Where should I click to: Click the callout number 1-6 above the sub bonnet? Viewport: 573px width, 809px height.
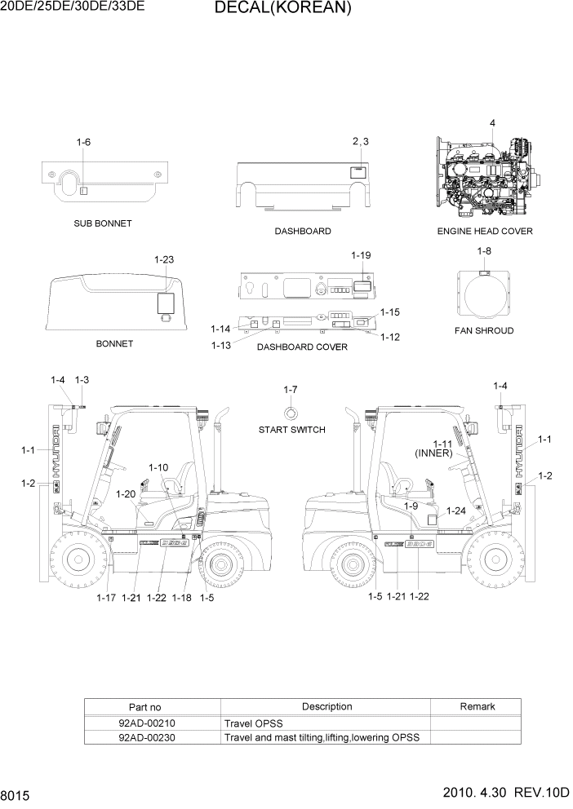[83, 143]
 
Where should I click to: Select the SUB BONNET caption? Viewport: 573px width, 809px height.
[102, 223]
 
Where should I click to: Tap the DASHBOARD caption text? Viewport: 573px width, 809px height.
[303, 232]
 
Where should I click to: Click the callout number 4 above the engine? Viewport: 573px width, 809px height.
[492, 123]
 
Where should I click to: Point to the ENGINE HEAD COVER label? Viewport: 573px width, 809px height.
[485, 232]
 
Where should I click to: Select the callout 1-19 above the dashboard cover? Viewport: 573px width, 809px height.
[361, 255]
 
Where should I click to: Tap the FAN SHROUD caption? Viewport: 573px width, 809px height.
[484, 331]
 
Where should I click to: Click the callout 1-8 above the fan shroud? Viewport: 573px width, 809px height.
[484, 251]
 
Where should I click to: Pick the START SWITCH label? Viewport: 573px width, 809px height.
[291, 430]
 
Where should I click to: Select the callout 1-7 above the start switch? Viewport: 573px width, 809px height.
[291, 390]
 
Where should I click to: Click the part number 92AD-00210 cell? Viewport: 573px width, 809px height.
[147, 723]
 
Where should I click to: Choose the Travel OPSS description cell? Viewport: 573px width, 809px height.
[255, 723]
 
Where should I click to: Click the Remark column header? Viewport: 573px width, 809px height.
[475, 706]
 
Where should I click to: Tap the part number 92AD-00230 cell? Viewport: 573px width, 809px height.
[147, 737]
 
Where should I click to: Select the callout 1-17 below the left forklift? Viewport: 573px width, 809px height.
[106, 598]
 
